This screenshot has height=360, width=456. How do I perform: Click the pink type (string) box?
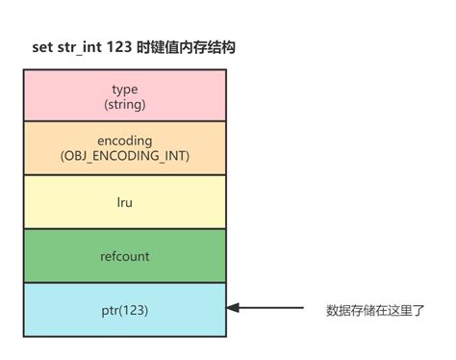coord(125,94)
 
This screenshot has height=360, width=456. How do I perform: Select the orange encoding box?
coord(125,147)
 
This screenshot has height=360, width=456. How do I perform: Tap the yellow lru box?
coord(125,201)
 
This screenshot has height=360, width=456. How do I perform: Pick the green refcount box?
coord(125,255)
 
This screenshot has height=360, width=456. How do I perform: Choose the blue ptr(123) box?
coord(125,309)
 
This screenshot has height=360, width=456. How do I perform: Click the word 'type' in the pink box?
coord(125,89)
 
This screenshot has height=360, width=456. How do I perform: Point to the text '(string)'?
coord(125,102)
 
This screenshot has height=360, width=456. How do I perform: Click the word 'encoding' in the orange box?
coord(125,141)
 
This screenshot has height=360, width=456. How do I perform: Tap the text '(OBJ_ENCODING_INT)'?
coord(125,155)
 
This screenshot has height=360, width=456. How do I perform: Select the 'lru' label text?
coord(125,202)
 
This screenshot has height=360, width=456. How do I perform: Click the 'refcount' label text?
coord(125,256)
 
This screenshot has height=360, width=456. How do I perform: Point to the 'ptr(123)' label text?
coord(125,310)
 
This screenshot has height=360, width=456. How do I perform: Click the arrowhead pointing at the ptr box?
coord(234,309)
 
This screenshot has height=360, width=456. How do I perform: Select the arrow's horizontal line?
coord(269,309)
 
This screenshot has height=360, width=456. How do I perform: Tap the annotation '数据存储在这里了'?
coord(375,310)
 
